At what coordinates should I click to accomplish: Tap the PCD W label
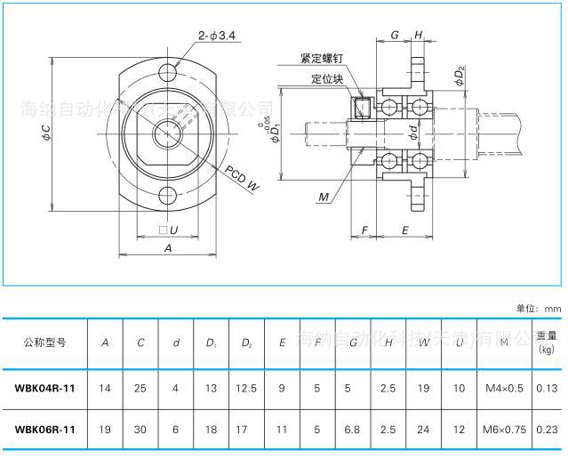242,178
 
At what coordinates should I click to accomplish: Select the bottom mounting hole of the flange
168,197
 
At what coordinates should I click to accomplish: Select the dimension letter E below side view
404,230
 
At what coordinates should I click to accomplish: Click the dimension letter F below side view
364,230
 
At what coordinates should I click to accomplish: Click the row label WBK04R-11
44,388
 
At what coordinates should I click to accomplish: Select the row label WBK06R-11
44,430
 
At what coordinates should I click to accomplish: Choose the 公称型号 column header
44,342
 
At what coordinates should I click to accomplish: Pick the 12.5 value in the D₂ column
246,388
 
